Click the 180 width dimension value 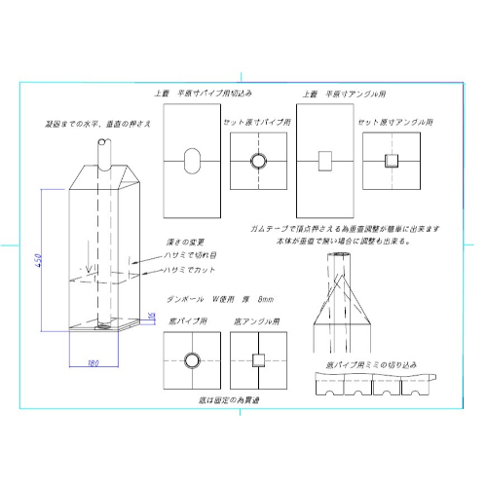(x=94, y=362)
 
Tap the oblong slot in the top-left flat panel (x=192, y=161)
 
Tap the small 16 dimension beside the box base (x=151, y=318)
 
